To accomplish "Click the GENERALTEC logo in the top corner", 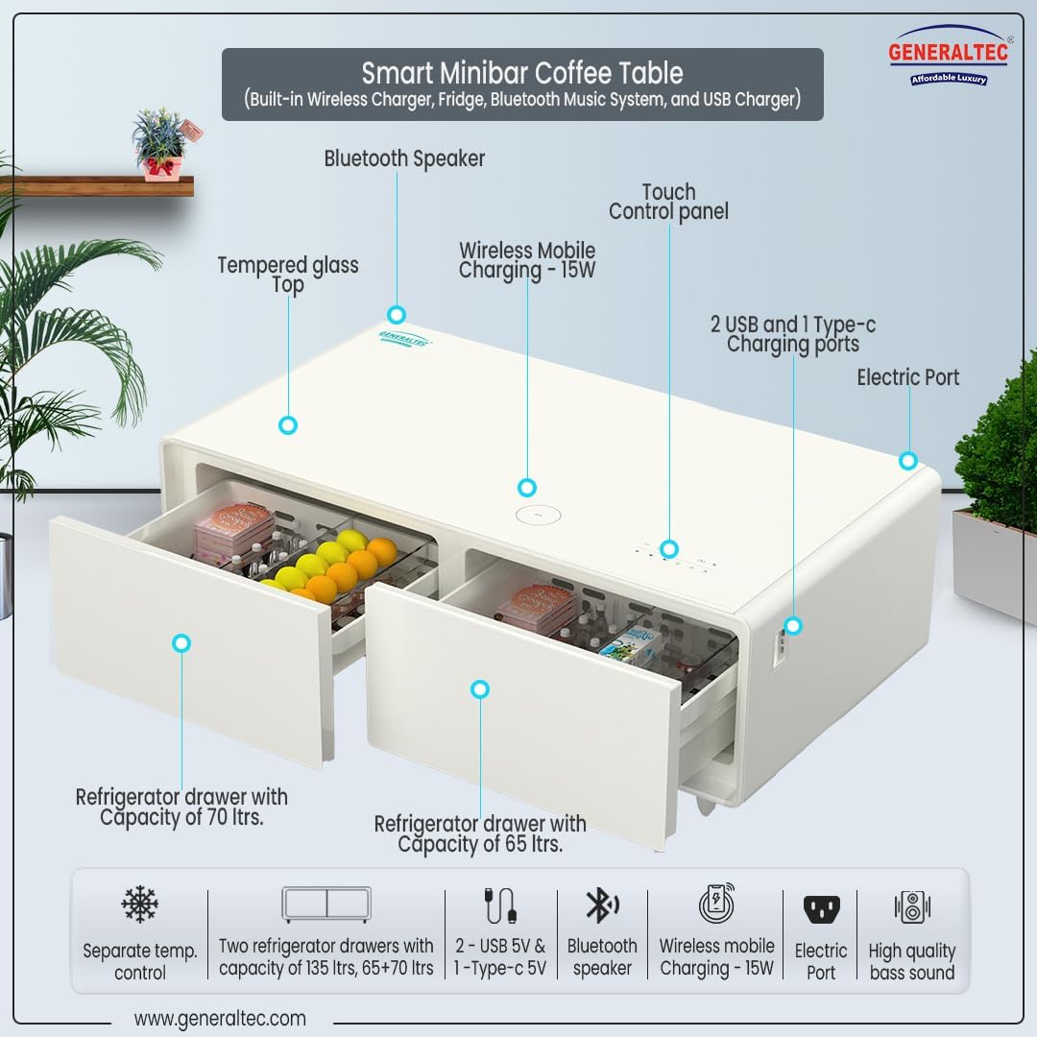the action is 949,57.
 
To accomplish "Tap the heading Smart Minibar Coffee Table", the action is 522,73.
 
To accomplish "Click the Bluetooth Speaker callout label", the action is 404,158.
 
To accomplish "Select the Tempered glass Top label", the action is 288,275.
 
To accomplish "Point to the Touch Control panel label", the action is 668,202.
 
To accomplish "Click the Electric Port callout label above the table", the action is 908,377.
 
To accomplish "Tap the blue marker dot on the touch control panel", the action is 669,549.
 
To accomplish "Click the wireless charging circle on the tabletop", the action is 538,516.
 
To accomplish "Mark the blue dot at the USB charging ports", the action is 793,626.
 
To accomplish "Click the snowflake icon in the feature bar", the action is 139,904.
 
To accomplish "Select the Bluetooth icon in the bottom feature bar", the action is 602,905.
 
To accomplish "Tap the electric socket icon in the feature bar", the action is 821,910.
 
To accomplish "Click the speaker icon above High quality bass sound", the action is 912,906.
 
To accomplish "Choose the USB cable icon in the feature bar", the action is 500,905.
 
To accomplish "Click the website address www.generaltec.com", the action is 220,1018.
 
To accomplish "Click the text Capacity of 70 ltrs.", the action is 181,817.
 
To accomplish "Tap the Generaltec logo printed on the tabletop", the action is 405,339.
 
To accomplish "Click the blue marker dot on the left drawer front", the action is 181,642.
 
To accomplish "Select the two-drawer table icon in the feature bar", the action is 326,904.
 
